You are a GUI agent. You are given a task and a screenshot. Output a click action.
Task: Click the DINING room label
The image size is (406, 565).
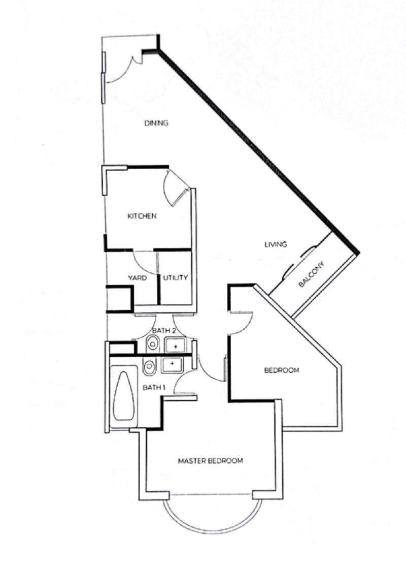pos(156,123)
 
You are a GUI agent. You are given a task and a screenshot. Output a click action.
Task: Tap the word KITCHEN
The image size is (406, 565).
pos(142,216)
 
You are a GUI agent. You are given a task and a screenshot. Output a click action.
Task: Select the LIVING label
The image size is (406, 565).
pos(276,244)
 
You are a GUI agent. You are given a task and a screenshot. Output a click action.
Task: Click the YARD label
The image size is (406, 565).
pos(137,278)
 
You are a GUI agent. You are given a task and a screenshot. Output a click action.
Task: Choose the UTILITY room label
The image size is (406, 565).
pos(176,278)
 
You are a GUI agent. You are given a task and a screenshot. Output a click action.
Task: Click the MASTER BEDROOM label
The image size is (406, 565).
pos(210,461)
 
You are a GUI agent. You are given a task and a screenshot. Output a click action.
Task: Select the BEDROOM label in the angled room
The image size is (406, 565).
pos(282,370)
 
